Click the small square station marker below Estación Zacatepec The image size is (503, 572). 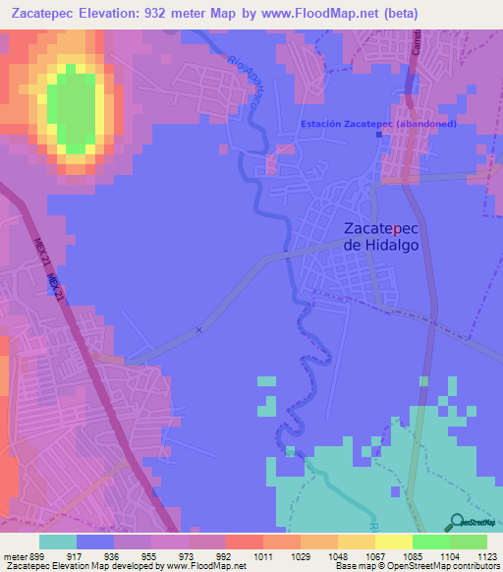[x=380, y=136]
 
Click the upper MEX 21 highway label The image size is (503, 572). [x=40, y=248]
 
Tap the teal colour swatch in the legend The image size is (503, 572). [x=58, y=541]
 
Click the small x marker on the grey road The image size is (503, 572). [x=198, y=330]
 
